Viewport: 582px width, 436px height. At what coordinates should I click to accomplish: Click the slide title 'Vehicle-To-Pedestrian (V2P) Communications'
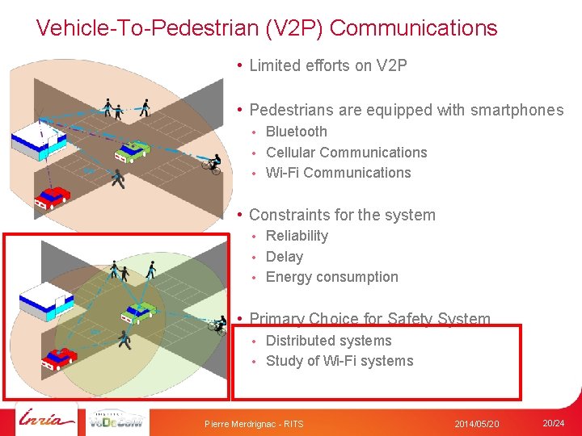267,28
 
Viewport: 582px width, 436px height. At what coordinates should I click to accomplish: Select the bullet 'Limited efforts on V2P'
327,65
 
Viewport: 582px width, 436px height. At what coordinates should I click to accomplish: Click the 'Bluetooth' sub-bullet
296,132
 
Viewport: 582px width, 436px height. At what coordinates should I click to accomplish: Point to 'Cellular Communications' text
346,153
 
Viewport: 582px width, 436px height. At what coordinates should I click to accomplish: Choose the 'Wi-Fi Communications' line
338,173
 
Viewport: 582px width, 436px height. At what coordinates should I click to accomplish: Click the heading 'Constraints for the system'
342,215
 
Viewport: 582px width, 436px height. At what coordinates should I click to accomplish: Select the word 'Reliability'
297,236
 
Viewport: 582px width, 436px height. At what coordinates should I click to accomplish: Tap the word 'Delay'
284,257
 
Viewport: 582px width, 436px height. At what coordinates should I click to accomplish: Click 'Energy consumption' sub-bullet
331,277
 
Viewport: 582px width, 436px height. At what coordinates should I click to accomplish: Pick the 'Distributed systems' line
328,341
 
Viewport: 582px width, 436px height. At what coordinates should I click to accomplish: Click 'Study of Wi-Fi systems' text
339,361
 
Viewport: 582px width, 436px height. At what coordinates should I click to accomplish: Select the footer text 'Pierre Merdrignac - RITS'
254,424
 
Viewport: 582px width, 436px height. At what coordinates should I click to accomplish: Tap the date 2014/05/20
476,424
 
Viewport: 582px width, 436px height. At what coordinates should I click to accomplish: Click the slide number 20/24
554,423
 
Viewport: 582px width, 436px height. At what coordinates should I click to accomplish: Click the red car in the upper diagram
53,196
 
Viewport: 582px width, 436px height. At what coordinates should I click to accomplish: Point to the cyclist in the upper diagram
212,163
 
